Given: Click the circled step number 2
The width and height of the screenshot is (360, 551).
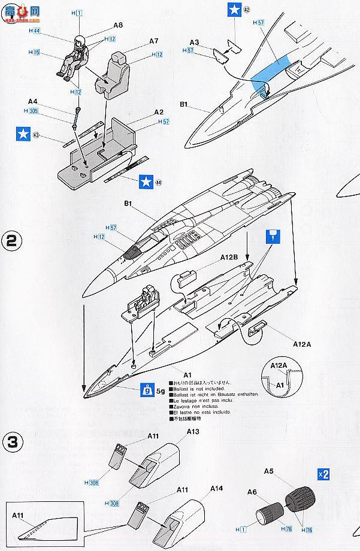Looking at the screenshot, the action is (13, 243).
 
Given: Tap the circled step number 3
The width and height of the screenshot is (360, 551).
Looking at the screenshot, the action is (13, 444).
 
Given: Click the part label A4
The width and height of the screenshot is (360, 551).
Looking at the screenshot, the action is (33, 102).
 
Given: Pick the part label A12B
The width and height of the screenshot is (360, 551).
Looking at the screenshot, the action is (229, 256).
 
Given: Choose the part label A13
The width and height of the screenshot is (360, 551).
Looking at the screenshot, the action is (193, 431).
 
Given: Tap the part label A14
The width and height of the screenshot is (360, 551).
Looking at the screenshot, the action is (217, 488).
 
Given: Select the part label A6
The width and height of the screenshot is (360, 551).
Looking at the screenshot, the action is (252, 492).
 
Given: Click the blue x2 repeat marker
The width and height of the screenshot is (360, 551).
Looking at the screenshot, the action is (323, 474).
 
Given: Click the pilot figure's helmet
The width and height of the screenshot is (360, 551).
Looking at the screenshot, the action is (79, 42).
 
